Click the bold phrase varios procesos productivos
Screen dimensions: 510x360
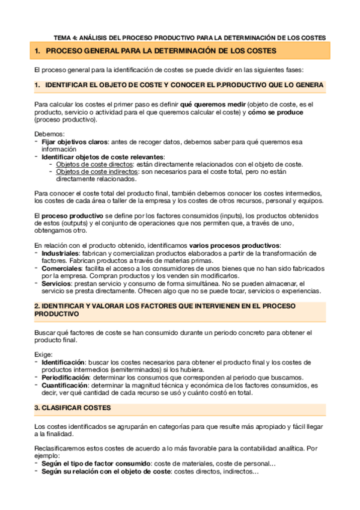pyautogui.click(x=234, y=246)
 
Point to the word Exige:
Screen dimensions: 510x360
pyautogui.click(x=43, y=355)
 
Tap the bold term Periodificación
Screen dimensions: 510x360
pyautogui.click(x=68, y=377)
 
